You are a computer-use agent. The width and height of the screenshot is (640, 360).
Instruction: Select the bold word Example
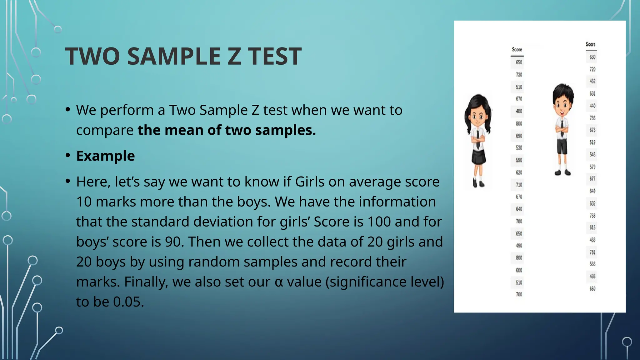coord(105,156)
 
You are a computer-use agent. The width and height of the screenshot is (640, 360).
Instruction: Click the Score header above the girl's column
coord(517,49)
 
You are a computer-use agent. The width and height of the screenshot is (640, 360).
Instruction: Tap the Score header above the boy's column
coord(591,44)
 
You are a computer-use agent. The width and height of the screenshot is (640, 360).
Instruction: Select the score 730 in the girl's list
coord(519,75)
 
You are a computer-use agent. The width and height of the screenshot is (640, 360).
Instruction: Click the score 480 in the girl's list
coord(519,111)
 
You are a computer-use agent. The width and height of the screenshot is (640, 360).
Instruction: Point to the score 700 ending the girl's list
coord(519,294)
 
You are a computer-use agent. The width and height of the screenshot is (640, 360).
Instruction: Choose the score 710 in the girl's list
coord(519,185)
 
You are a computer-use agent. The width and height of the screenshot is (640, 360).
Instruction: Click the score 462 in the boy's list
coord(592,81)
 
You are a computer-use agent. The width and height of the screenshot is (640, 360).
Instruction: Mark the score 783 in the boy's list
coord(592,118)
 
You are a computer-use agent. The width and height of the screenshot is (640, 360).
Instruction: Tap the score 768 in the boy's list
coord(592,216)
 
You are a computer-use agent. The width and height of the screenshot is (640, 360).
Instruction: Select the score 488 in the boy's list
coord(592,276)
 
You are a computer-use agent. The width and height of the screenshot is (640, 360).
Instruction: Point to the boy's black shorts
coord(562,146)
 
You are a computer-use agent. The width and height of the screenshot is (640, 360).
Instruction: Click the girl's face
coord(477,117)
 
